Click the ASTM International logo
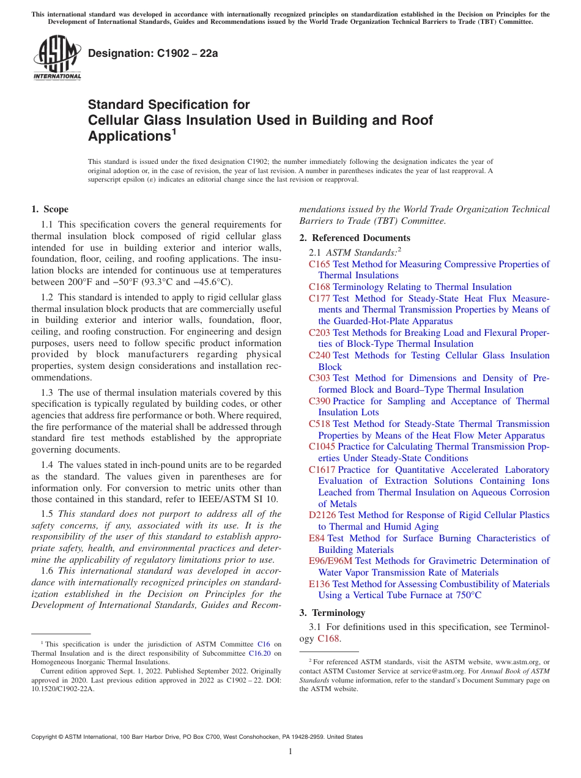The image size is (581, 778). tap(57, 57)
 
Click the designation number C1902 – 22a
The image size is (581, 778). tap(154, 53)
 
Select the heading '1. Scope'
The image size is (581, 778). tap(50, 209)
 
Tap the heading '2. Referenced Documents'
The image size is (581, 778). tap(355, 238)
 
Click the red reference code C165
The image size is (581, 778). tap(319, 264)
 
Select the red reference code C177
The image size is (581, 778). tap(319, 298)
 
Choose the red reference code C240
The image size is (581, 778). tap(319, 355)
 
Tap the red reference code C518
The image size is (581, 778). tap(319, 424)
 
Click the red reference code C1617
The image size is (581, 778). tap(322, 470)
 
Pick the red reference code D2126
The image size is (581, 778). tap(322, 515)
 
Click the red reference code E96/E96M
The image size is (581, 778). tap(330, 561)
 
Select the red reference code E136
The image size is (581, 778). tap(319, 584)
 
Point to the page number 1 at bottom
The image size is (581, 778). tap(290, 752)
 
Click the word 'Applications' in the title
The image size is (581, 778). tap(129, 135)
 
